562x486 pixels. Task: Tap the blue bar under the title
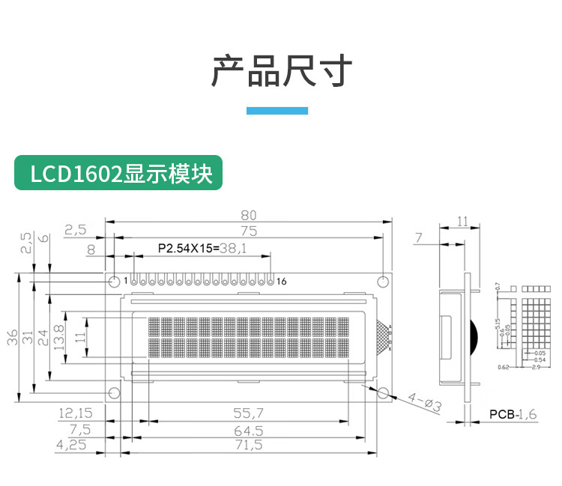277,111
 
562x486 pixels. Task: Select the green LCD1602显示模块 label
118,173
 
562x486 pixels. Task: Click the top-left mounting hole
114,282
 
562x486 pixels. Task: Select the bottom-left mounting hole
114,393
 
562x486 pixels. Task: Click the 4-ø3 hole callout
424,402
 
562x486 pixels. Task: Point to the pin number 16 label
282,282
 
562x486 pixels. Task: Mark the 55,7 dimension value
249,413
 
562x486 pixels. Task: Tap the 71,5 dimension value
249,445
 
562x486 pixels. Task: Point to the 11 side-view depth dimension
462,221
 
